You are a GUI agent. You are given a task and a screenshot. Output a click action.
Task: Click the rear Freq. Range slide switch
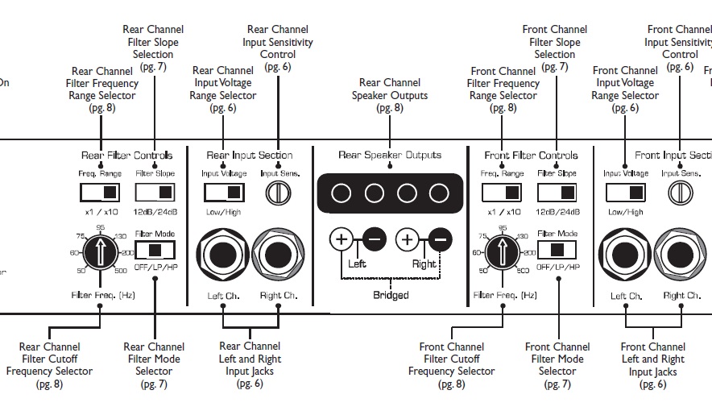pyautogui.click(x=100, y=193)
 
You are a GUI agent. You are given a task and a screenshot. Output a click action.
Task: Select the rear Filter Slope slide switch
pyautogui.click(x=155, y=193)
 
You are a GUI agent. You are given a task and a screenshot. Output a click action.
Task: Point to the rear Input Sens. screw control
pyautogui.click(x=278, y=193)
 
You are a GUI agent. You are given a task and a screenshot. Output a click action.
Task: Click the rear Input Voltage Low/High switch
pyautogui.click(x=223, y=193)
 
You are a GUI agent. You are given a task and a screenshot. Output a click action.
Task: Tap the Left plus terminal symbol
pyautogui.click(x=341, y=239)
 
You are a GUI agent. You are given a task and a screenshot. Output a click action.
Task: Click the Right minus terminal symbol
pyautogui.click(x=440, y=239)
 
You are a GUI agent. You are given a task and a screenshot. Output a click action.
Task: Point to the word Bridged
pyautogui.click(x=391, y=295)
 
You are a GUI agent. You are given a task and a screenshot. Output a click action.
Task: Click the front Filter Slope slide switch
pyautogui.click(x=557, y=193)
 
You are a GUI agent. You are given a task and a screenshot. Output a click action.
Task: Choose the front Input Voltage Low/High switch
pyautogui.click(x=626, y=193)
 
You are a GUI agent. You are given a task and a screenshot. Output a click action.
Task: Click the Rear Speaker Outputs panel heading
pyautogui.click(x=390, y=155)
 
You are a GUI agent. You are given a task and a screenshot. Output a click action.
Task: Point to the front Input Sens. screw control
pyautogui.click(x=681, y=193)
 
